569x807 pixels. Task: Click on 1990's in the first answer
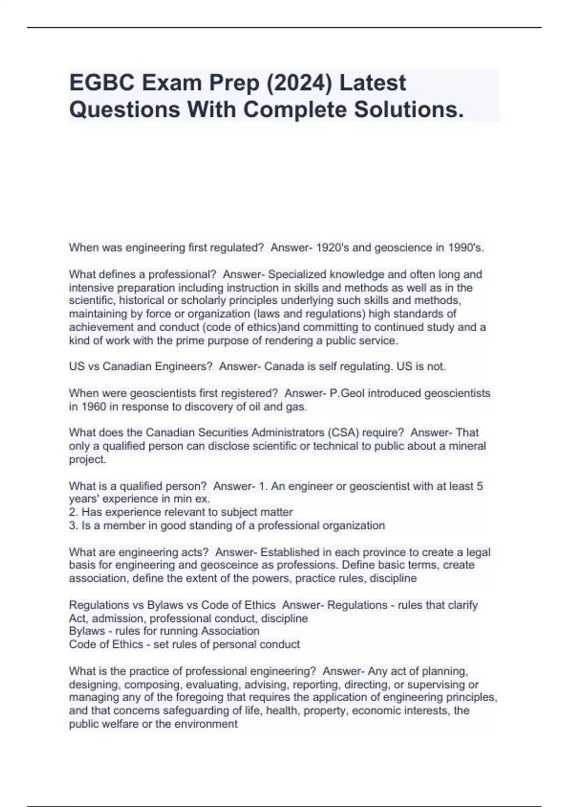pos(466,248)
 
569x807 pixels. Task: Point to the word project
pos(87,460)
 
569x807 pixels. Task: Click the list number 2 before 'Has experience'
pos(73,512)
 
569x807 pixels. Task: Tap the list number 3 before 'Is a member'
pos(73,525)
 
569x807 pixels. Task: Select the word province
pos(384,553)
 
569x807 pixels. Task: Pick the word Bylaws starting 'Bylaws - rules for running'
pos(87,631)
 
